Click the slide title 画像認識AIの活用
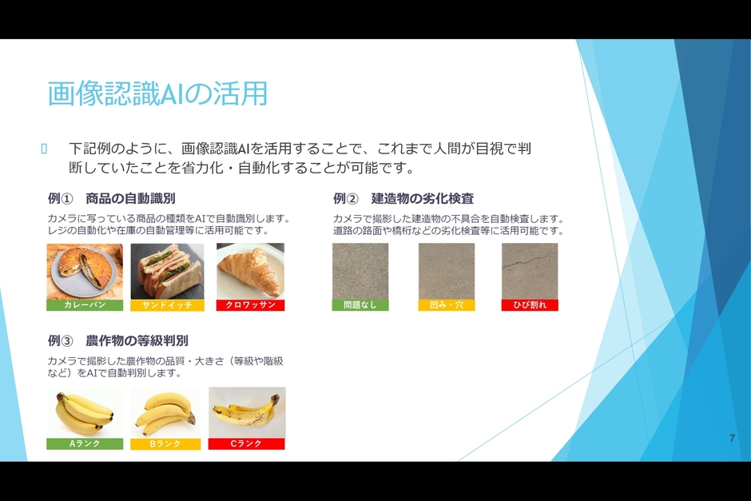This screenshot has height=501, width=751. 157,94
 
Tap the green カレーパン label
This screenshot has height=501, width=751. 85,305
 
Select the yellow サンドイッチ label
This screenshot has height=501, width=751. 167,305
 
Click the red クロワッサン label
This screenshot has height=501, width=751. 250,305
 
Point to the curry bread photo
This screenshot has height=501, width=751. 85,271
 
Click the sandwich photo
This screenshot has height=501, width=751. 167,271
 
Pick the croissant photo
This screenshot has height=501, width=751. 250,271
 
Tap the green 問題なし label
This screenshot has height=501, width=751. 360,305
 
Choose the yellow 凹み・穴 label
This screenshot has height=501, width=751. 446,305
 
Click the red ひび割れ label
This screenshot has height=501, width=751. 530,305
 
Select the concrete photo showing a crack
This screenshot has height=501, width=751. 530,271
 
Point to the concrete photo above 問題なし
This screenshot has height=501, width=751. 360,271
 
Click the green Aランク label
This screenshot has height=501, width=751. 85,443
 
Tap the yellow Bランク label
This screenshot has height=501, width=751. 166,443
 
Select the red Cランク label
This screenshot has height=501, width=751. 246,443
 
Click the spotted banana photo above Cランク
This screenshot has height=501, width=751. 246,412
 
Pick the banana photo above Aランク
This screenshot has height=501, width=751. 85,412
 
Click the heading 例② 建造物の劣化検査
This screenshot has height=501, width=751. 403,199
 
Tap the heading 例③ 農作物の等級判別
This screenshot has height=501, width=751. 118,340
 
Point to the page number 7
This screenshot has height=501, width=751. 732,439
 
